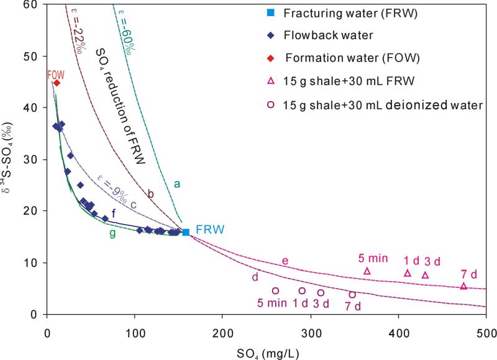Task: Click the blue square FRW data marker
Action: click(x=186, y=232)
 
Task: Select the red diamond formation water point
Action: click(x=57, y=83)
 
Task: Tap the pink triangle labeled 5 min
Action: click(x=367, y=271)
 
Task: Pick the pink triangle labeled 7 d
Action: click(x=463, y=286)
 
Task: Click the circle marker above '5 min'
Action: click(x=275, y=290)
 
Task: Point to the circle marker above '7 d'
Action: click(x=352, y=295)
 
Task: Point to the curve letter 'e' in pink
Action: click(x=285, y=261)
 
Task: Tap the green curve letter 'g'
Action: click(x=112, y=233)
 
